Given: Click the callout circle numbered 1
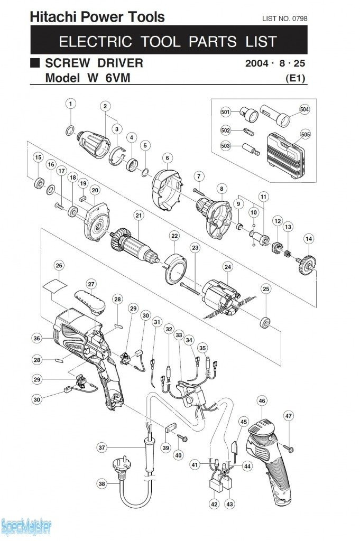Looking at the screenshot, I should click(71, 104).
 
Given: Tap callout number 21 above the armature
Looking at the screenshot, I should click(139, 216).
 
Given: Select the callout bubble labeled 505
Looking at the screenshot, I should click(305, 134).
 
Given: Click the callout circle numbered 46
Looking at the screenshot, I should click(262, 402).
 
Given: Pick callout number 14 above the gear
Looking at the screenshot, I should click(309, 239).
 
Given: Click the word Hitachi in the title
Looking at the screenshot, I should click(51, 17).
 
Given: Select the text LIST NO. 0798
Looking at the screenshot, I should click(284, 19).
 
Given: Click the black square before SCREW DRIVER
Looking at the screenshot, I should click(35, 63).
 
